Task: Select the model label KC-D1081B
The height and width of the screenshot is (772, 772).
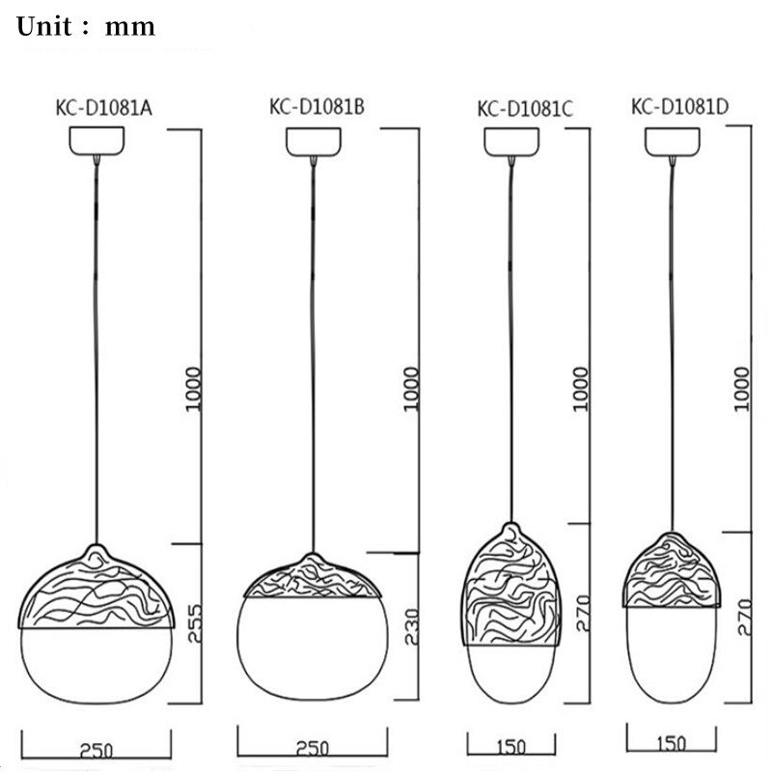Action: [x=316, y=107]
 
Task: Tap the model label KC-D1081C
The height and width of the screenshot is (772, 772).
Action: [x=526, y=109]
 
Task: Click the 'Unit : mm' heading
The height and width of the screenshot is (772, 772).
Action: [x=86, y=26]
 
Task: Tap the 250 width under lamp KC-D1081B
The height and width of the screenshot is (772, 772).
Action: [x=313, y=748]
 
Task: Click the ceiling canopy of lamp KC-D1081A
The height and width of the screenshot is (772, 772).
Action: [x=96, y=141]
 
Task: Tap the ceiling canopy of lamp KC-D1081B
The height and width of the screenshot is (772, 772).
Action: [x=315, y=141]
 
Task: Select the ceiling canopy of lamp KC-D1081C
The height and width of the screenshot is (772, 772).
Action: [x=510, y=142]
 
